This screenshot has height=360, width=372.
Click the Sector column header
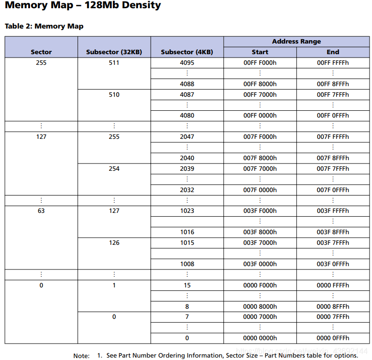click(x=41, y=52)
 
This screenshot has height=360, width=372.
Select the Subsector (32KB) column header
click(x=114, y=52)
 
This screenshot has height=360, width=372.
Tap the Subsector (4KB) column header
click(x=187, y=52)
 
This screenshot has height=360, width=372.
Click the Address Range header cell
click(x=296, y=41)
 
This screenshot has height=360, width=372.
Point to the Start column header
click(x=260, y=52)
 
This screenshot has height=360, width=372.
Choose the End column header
click(x=333, y=52)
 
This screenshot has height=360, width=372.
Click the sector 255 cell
click(x=41, y=62)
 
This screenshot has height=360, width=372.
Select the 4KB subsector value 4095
click(x=187, y=62)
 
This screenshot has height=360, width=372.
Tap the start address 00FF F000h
click(x=260, y=62)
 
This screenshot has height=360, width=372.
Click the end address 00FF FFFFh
click(x=333, y=62)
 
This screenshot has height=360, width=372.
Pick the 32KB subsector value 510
click(x=114, y=94)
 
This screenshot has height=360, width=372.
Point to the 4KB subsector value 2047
click(x=187, y=136)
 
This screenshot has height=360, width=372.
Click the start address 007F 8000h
click(x=260, y=158)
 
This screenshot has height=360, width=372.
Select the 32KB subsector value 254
click(x=114, y=168)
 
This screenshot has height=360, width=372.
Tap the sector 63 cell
click(x=41, y=210)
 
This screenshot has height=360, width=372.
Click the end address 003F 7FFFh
click(x=333, y=242)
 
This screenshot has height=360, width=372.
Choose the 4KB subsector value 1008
click(x=187, y=264)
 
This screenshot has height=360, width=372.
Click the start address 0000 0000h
click(x=260, y=338)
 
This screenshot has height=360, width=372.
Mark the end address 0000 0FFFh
click(x=333, y=338)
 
